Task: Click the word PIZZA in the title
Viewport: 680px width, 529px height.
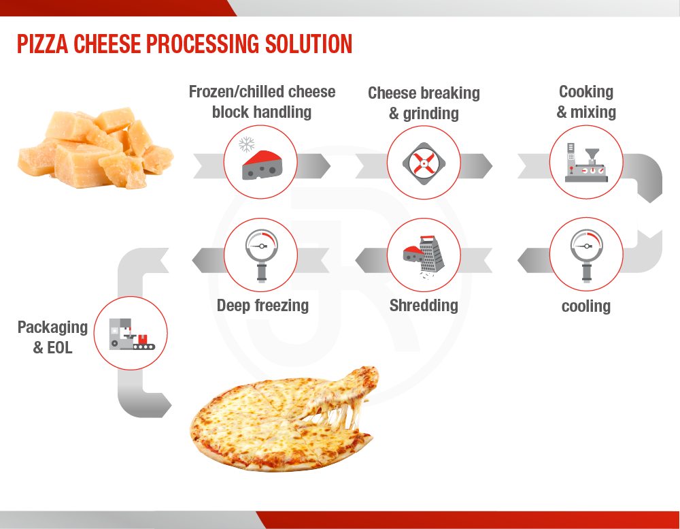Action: (x=42, y=44)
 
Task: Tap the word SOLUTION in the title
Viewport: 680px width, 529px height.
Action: (x=308, y=44)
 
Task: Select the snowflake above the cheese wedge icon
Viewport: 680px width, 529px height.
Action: (x=247, y=144)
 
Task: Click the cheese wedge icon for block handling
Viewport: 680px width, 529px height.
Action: (x=262, y=165)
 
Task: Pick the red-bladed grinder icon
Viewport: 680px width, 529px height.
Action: (x=424, y=163)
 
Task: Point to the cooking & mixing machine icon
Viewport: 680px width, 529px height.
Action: (x=586, y=163)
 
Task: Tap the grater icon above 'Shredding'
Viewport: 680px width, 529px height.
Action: (x=424, y=257)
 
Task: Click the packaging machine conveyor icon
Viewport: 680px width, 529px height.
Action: (x=131, y=334)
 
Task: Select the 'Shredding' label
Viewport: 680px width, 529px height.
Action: (x=424, y=306)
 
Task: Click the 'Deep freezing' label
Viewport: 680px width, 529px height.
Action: (x=262, y=306)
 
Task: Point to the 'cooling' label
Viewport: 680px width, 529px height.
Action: (x=586, y=306)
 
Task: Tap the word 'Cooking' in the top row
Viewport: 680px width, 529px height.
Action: (x=586, y=92)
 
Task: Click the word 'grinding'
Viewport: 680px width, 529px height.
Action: (x=430, y=114)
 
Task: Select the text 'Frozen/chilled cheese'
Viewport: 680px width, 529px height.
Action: (x=262, y=92)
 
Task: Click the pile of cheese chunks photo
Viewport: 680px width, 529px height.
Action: (x=96, y=148)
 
